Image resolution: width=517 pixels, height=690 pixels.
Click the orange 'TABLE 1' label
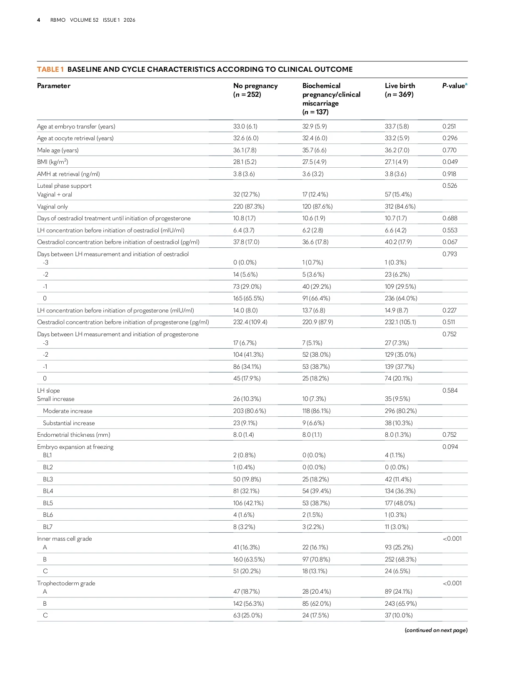coord(50,69)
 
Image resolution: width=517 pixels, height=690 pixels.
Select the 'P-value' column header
coord(453,86)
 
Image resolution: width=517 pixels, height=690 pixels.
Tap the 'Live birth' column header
coord(400,86)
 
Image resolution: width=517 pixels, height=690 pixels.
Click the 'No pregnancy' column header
coord(255,86)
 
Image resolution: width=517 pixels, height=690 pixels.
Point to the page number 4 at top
coord(38,20)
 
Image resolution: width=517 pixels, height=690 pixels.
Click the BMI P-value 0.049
coord(450,162)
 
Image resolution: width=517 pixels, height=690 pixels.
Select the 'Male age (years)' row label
coord(57,150)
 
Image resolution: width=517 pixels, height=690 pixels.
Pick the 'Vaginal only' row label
coord(52,206)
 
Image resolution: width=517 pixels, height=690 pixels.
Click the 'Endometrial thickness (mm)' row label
coord(73,435)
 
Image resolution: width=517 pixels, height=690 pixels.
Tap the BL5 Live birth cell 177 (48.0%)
coord(400,503)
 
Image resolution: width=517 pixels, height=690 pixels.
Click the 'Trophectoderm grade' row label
coord(66,583)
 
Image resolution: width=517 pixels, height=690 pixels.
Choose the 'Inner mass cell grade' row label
coord(64,539)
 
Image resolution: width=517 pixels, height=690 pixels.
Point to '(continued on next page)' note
coord(436,630)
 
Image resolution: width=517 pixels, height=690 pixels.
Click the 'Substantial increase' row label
coord(69,423)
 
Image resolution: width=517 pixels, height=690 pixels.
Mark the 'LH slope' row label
coord(48,390)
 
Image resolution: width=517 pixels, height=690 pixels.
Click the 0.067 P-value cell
coord(450,242)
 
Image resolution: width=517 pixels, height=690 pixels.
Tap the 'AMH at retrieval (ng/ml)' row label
coord(68,174)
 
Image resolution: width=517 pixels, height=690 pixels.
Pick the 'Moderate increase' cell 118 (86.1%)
coord(316,411)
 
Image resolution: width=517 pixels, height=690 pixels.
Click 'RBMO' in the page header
coord(57,20)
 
